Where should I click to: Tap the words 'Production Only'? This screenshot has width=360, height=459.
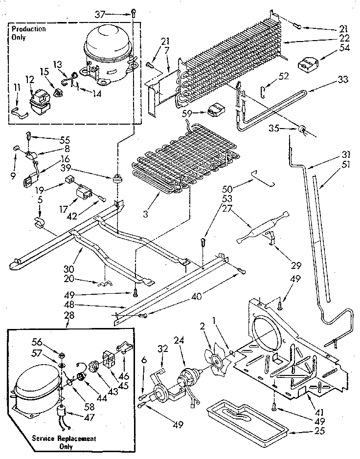pos(29,33)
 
